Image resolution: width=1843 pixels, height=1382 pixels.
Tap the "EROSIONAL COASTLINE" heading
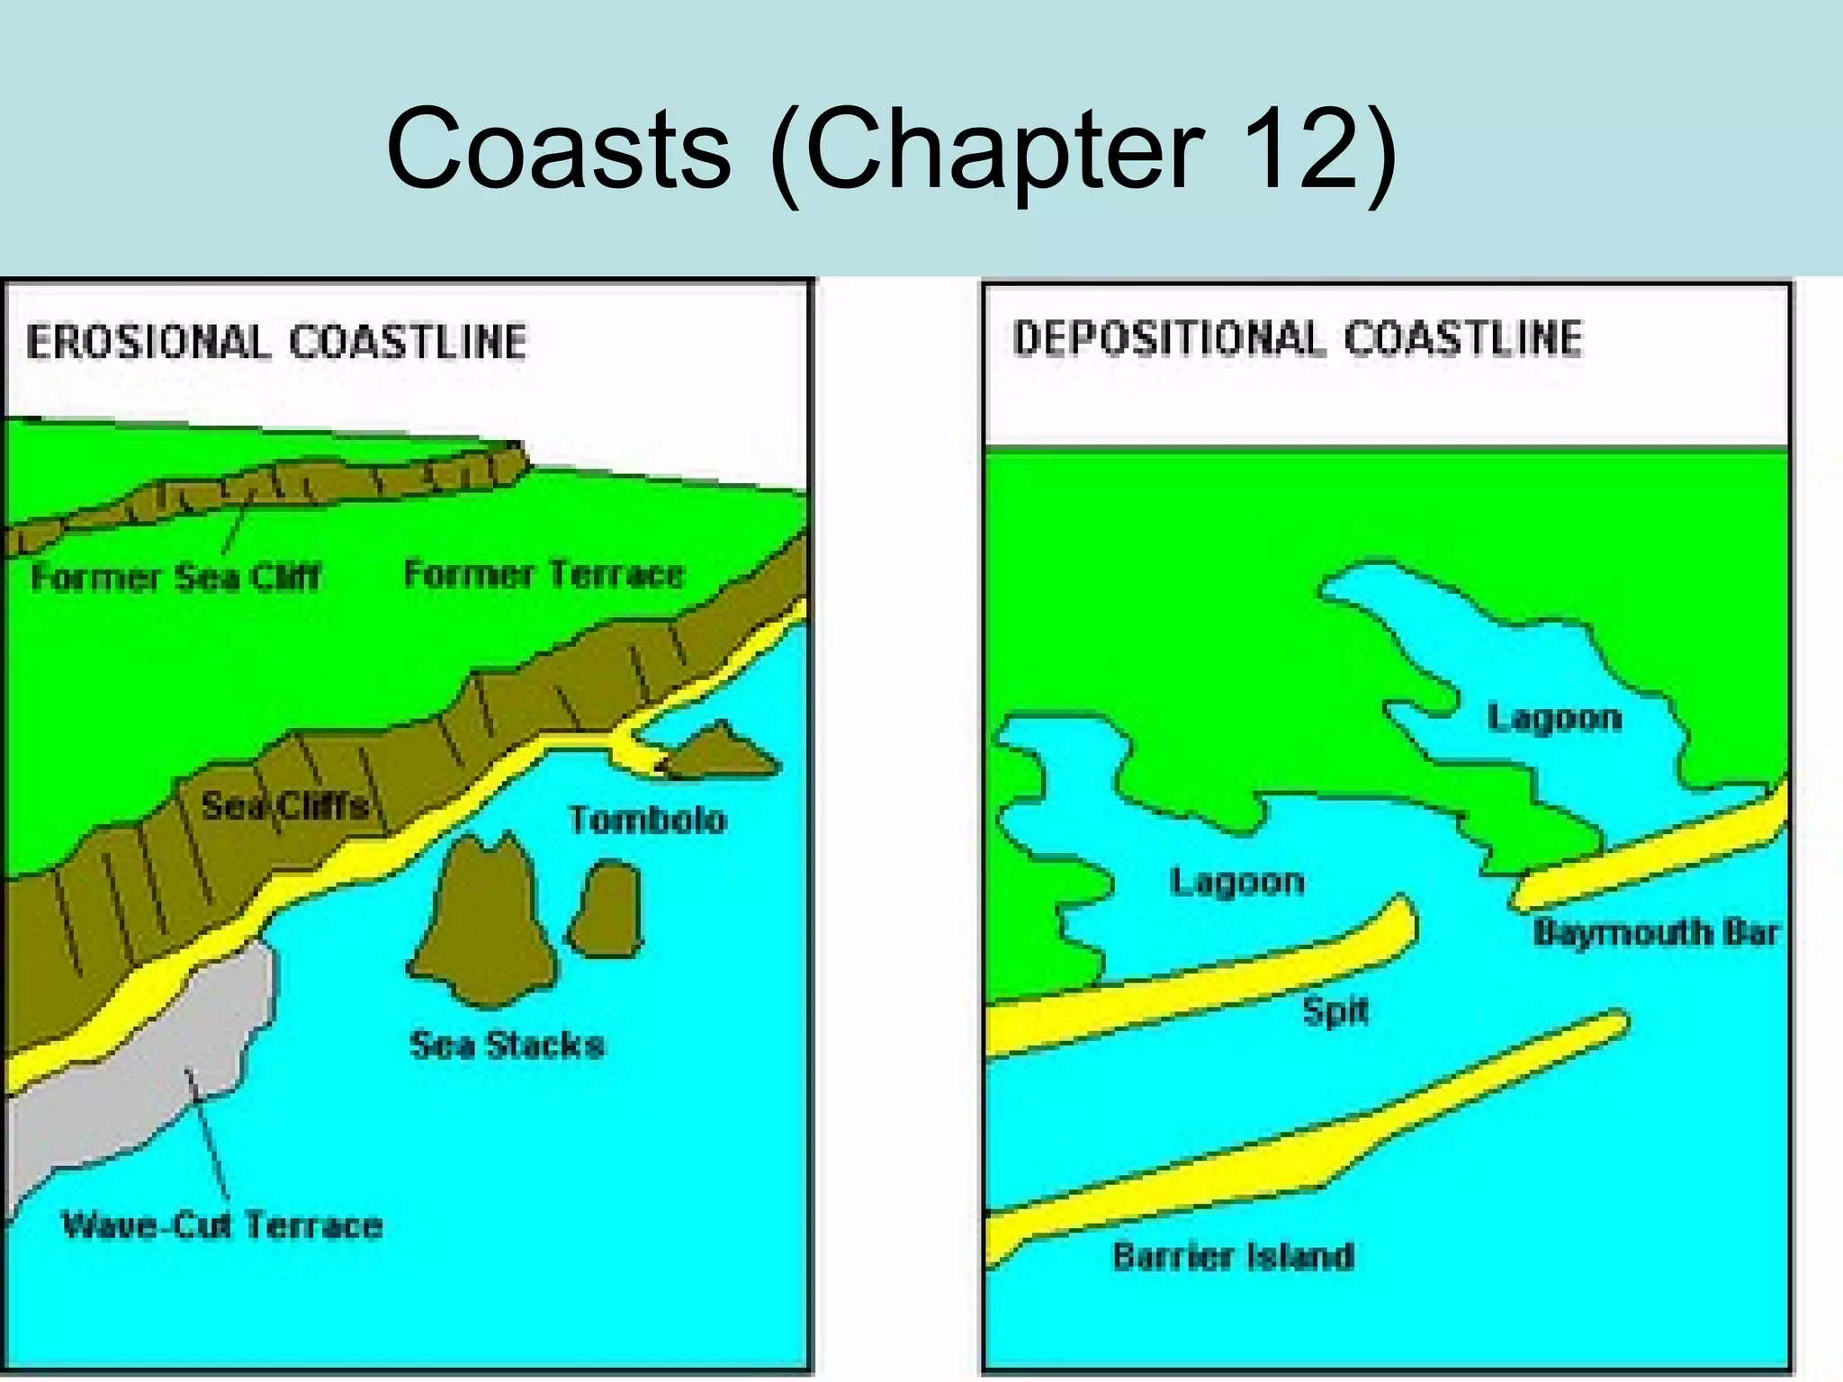point(276,343)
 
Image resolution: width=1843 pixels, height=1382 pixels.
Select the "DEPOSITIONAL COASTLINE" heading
point(1297,339)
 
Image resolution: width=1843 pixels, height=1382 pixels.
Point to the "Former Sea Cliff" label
point(175,577)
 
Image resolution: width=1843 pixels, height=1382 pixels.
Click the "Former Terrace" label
point(544,574)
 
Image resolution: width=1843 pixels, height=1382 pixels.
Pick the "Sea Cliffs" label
point(284,806)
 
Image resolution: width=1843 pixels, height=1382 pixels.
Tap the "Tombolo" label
point(647,820)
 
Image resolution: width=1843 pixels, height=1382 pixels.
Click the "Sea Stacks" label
point(507,1045)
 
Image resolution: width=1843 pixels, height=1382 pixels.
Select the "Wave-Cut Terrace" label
point(222,1225)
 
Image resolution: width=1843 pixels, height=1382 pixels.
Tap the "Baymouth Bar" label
point(1656,932)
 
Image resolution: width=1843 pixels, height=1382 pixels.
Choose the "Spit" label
point(1335,1011)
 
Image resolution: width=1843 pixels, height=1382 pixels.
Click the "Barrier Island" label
point(1233,1256)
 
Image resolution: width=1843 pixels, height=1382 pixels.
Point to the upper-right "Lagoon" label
point(1554,718)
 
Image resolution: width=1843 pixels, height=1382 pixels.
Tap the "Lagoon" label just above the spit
point(1237,882)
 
